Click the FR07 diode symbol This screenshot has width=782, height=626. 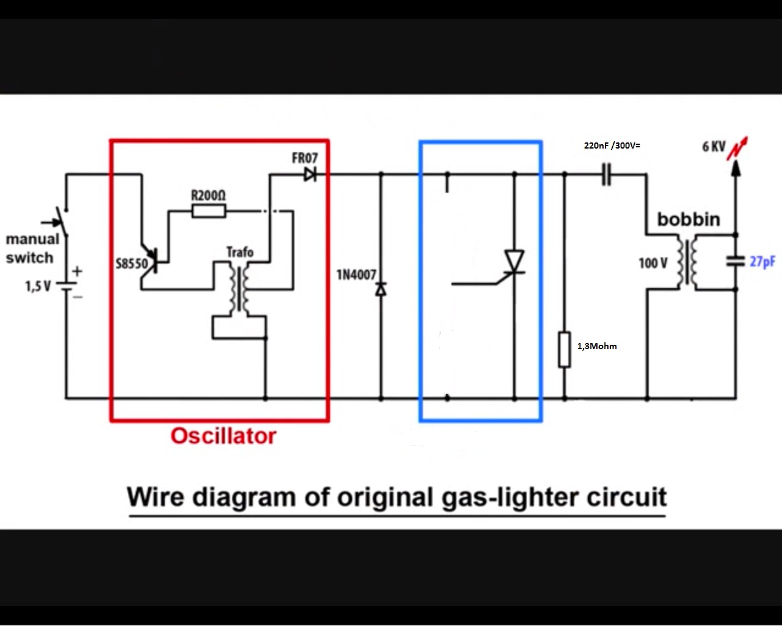pos(310,175)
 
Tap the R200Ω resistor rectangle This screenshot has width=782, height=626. pos(208,211)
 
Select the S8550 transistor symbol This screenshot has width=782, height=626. pos(152,261)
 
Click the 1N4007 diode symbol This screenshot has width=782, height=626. pos(381,290)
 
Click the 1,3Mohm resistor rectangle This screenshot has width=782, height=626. pos(565,349)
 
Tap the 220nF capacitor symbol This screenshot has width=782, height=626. pos(606,175)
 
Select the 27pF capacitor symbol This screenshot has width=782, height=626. pos(736,262)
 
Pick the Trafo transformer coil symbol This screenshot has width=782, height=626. pos(239,289)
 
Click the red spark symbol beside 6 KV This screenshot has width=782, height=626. pos(737,149)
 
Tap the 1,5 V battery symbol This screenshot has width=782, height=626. pos(67,286)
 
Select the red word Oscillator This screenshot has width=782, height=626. pos(224,436)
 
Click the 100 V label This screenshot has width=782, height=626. pos(653,263)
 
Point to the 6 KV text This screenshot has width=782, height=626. pos(714,147)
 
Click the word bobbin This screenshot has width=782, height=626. pos(689,219)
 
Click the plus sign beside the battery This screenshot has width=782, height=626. pos(77,271)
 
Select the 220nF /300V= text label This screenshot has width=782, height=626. pos(612,145)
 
